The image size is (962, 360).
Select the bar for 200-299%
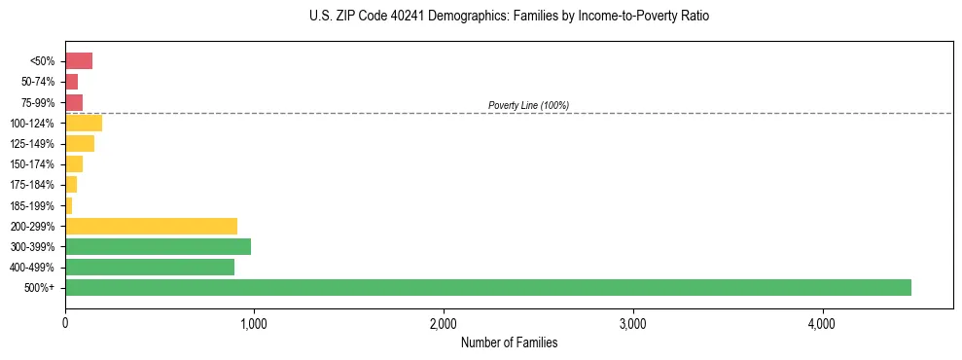coord(151,226)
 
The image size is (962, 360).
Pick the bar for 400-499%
coord(150,267)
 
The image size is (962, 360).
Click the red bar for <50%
coord(79,61)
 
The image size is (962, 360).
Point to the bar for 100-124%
coord(84,123)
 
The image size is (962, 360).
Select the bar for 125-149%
coord(80,144)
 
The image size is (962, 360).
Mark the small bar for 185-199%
coord(69,205)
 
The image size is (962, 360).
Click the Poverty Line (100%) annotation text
coord(528,105)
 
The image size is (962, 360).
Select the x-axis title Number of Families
coord(509,342)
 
